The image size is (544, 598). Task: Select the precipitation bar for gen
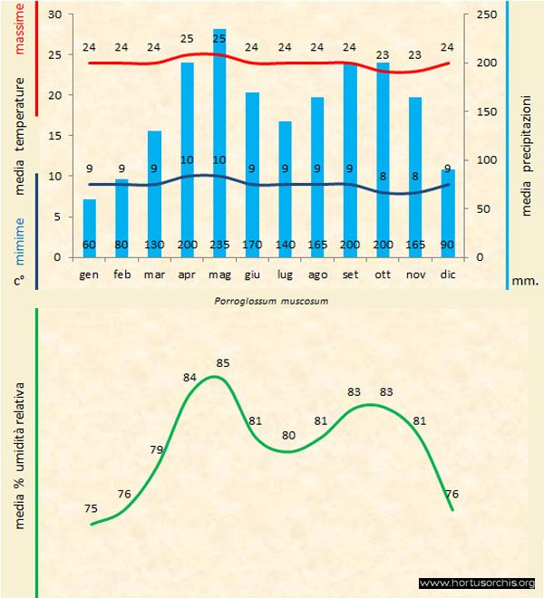point(90,227)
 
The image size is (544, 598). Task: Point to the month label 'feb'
point(122,274)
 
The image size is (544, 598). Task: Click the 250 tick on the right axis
point(486,14)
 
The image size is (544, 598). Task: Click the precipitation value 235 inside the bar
point(219,245)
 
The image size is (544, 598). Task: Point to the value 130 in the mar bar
point(155,245)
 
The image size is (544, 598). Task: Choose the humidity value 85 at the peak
point(223,363)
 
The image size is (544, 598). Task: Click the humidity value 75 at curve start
point(91,508)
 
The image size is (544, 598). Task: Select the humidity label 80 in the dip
point(288,435)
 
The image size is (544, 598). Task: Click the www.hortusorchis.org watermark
point(477,583)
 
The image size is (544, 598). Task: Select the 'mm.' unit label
point(525,281)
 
